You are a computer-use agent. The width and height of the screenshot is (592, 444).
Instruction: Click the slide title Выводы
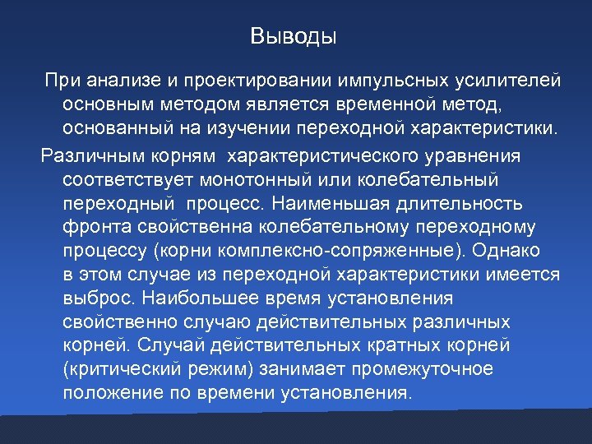click(x=294, y=37)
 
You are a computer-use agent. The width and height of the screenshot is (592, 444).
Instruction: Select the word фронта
click(x=91, y=226)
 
